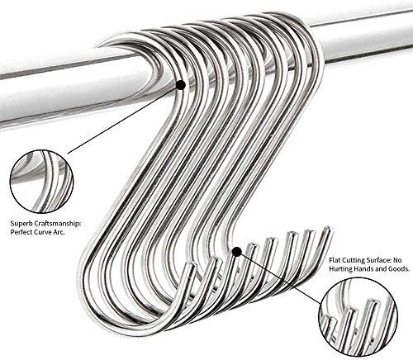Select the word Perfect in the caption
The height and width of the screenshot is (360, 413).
pos(21,232)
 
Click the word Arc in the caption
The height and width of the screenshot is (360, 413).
pos(59,232)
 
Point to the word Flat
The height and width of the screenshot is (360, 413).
pos(335,260)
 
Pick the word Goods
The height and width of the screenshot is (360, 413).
pos(401,268)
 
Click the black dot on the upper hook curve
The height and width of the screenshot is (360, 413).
pos(181,85)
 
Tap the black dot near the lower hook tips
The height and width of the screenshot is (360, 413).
pos(237,252)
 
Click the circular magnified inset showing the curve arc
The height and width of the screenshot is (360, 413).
pos(42,182)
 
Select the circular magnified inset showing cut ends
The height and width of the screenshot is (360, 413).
pos(358,317)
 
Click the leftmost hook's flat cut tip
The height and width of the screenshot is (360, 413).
pos(191,266)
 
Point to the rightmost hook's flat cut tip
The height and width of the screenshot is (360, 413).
pos(327,229)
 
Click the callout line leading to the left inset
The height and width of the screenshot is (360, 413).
pos(122,120)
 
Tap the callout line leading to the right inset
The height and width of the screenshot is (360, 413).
pos(280,278)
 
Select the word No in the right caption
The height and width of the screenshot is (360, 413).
pos(396,260)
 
